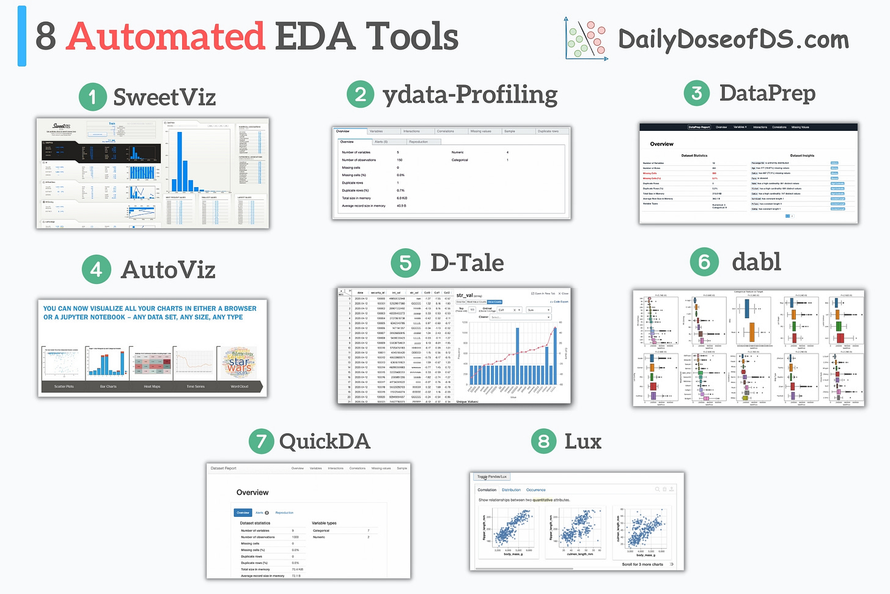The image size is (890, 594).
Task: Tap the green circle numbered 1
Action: click(x=93, y=97)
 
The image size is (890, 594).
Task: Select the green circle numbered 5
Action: click(x=405, y=263)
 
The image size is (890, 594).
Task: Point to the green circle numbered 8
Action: click(x=543, y=441)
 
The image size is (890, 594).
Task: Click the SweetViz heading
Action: click(x=164, y=97)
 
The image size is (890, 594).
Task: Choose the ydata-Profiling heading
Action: click(x=469, y=95)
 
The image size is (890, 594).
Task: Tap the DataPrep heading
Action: click(x=767, y=93)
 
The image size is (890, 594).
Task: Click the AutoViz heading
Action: click(x=168, y=269)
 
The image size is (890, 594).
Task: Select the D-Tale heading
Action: click(x=467, y=262)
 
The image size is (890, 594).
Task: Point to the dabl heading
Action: click(x=756, y=262)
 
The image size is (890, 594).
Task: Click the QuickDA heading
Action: click(x=324, y=441)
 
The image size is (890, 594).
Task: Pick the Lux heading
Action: click(x=583, y=441)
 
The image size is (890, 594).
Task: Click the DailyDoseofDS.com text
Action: click(x=733, y=40)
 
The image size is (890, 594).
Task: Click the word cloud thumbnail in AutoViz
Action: click(x=239, y=365)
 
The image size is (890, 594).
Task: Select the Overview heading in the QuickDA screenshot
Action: click(x=252, y=492)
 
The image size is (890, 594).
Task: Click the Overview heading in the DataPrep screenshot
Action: click(x=661, y=144)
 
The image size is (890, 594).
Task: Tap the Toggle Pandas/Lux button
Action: click(x=492, y=477)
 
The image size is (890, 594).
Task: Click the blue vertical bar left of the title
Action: click(x=22, y=36)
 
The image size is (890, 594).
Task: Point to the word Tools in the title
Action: click(x=412, y=37)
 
